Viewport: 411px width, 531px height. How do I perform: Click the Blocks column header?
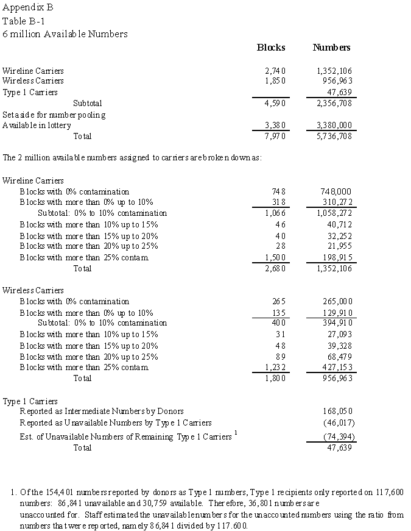271,48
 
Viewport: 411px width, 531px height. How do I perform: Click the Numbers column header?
331,48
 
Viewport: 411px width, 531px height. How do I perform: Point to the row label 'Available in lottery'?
37,125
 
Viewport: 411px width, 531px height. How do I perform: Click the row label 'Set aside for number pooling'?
54,114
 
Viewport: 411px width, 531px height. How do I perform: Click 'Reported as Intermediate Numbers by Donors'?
102,412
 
